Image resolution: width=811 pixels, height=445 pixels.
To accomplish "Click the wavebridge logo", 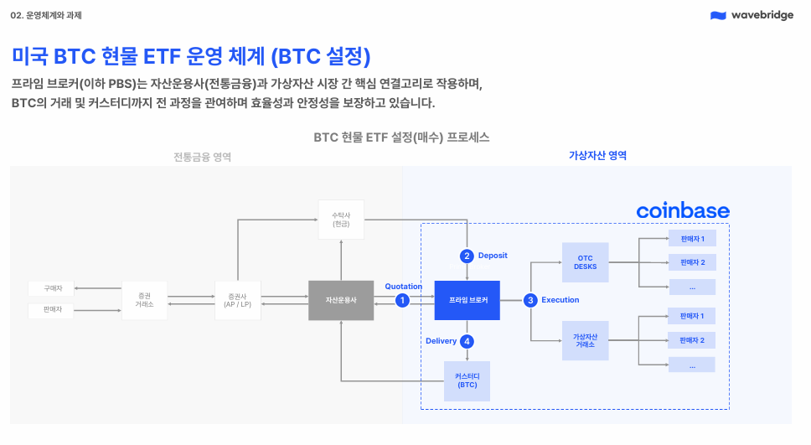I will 752,15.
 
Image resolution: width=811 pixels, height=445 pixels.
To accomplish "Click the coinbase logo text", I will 683,210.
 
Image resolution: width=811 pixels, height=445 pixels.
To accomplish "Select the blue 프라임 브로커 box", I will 467,300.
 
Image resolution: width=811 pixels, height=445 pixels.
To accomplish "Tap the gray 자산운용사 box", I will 341,300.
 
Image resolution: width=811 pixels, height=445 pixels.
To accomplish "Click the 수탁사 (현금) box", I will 341,220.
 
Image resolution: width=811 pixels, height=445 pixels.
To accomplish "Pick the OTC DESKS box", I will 586,262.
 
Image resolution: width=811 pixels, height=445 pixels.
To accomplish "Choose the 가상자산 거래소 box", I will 586,340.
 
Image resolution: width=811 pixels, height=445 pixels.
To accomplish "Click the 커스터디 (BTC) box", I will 467,381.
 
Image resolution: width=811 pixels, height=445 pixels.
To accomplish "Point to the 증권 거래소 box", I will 145,300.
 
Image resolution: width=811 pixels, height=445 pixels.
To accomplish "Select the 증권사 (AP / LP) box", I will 238,300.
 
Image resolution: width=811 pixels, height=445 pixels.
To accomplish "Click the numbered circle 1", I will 402,300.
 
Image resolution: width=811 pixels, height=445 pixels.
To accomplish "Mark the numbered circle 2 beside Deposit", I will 467,256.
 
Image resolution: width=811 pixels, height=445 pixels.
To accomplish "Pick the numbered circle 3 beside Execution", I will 530,300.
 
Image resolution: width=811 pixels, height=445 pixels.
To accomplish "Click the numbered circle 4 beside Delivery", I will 467,341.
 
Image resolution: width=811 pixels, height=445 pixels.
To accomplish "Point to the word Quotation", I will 404,286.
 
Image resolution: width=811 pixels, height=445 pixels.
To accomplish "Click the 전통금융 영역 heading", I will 202,157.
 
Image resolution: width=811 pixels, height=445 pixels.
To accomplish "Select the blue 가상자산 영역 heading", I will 597,155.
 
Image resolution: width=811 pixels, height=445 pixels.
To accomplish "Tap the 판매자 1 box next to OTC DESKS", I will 692,239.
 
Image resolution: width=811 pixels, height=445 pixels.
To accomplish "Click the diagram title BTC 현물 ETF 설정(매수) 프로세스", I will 401,137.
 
